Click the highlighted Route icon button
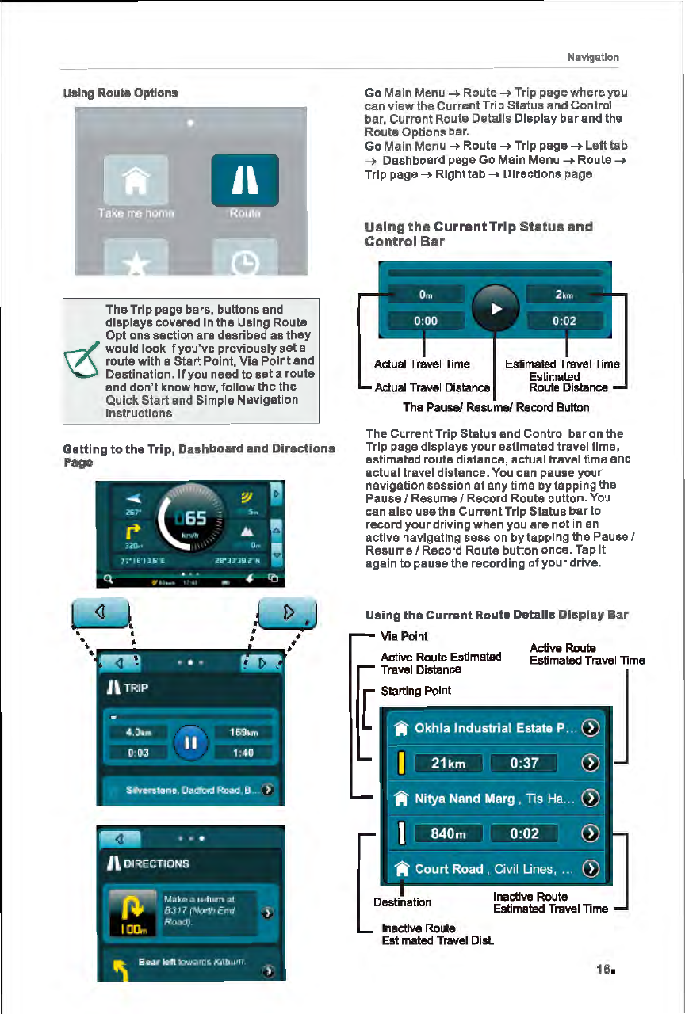click(244, 182)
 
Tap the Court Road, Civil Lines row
click(492, 869)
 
